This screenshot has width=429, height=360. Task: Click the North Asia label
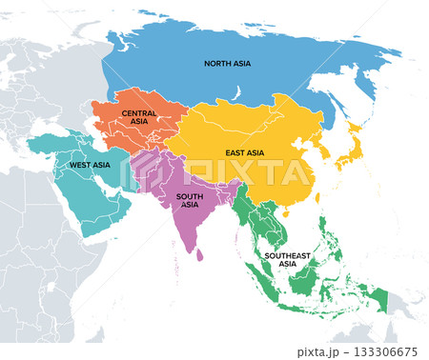pyautogui.click(x=228, y=64)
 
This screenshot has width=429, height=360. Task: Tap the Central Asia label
pyautogui.click(x=139, y=117)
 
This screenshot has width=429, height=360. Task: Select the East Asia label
pyautogui.click(x=246, y=152)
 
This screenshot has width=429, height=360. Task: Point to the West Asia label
pyautogui.click(x=90, y=165)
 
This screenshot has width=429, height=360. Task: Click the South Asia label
pyautogui.click(x=189, y=200)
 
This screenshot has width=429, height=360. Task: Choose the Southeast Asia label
pyautogui.click(x=287, y=260)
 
